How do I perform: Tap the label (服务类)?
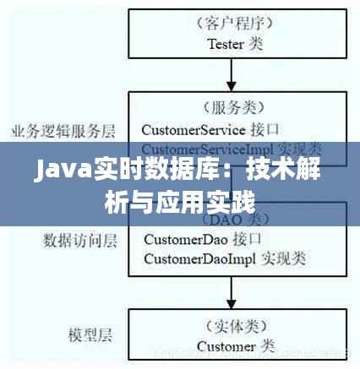tap(234, 108)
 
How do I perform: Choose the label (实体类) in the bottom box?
tap(234, 325)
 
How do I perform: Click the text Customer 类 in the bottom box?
tap(234, 345)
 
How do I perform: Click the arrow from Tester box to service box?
tap(234, 78)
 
